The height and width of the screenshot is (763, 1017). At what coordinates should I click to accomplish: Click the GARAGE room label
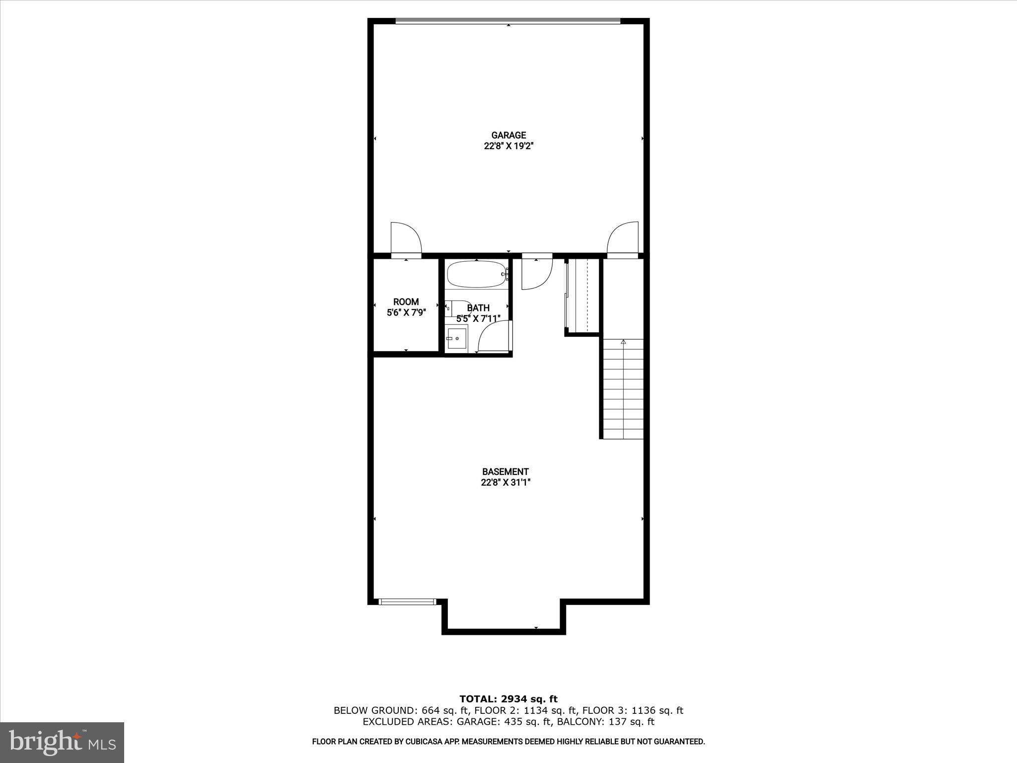[508, 135]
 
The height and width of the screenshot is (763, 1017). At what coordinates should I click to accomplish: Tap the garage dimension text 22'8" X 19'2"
[508, 147]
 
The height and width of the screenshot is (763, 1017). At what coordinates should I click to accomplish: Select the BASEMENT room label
[506, 471]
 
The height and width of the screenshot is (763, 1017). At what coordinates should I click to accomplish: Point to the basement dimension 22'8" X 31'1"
[506, 482]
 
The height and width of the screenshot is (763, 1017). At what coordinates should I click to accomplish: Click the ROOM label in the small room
[406, 302]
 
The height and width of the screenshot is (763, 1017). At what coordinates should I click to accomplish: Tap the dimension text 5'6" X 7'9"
[406, 313]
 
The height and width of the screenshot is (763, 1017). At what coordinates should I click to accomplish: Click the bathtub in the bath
[476, 274]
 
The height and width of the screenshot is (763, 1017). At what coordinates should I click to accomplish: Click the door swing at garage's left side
[406, 237]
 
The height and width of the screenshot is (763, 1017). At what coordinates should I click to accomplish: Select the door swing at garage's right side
[623, 237]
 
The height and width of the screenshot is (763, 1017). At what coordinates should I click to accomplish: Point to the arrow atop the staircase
[623, 342]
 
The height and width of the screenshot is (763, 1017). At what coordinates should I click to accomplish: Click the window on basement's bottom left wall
[407, 602]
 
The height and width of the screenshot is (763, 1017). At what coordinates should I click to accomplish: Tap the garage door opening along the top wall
[508, 21]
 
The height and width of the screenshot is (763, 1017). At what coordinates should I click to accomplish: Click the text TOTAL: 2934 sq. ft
[508, 699]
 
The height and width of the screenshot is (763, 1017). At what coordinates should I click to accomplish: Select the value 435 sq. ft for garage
[500, 722]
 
